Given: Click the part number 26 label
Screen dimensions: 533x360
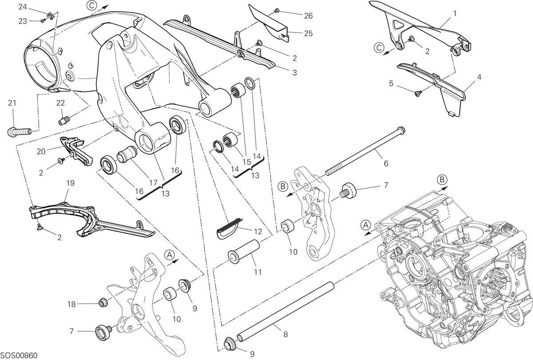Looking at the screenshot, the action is [x=308, y=16].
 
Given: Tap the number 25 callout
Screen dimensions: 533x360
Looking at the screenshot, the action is [x=308, y=33].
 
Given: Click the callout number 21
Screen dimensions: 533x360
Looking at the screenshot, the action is [x=12, y=103].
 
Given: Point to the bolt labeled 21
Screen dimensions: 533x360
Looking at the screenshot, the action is [x=20, y=132].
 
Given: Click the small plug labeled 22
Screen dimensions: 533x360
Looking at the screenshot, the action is [x=64, y=120].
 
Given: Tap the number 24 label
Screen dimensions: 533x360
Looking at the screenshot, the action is [x=23, y=7].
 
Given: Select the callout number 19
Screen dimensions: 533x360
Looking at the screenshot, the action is [x=71, y=183].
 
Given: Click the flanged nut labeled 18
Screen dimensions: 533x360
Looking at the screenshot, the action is [x=103, y=302].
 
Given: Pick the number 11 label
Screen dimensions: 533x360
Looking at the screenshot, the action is [x=258, y=272].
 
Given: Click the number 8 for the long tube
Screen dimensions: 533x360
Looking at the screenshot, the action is [x=286, y=334].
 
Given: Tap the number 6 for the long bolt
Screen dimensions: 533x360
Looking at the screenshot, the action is [x=386, y=164].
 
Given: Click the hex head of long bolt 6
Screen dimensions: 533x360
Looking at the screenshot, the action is [x=402, y=130].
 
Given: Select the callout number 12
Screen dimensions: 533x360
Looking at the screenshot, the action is [x=258, y=232].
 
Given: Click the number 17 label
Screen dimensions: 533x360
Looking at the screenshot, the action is [x=153, y=183].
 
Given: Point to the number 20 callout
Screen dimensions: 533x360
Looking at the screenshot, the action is [x=41, y=152].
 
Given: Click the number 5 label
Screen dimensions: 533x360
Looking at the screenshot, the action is [x=391, y=84].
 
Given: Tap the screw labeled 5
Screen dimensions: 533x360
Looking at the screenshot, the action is [x=418, y=93].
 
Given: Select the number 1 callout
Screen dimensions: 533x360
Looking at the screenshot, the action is [x=455, y=14].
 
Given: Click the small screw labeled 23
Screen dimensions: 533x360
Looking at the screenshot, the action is [x=43, y=21].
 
